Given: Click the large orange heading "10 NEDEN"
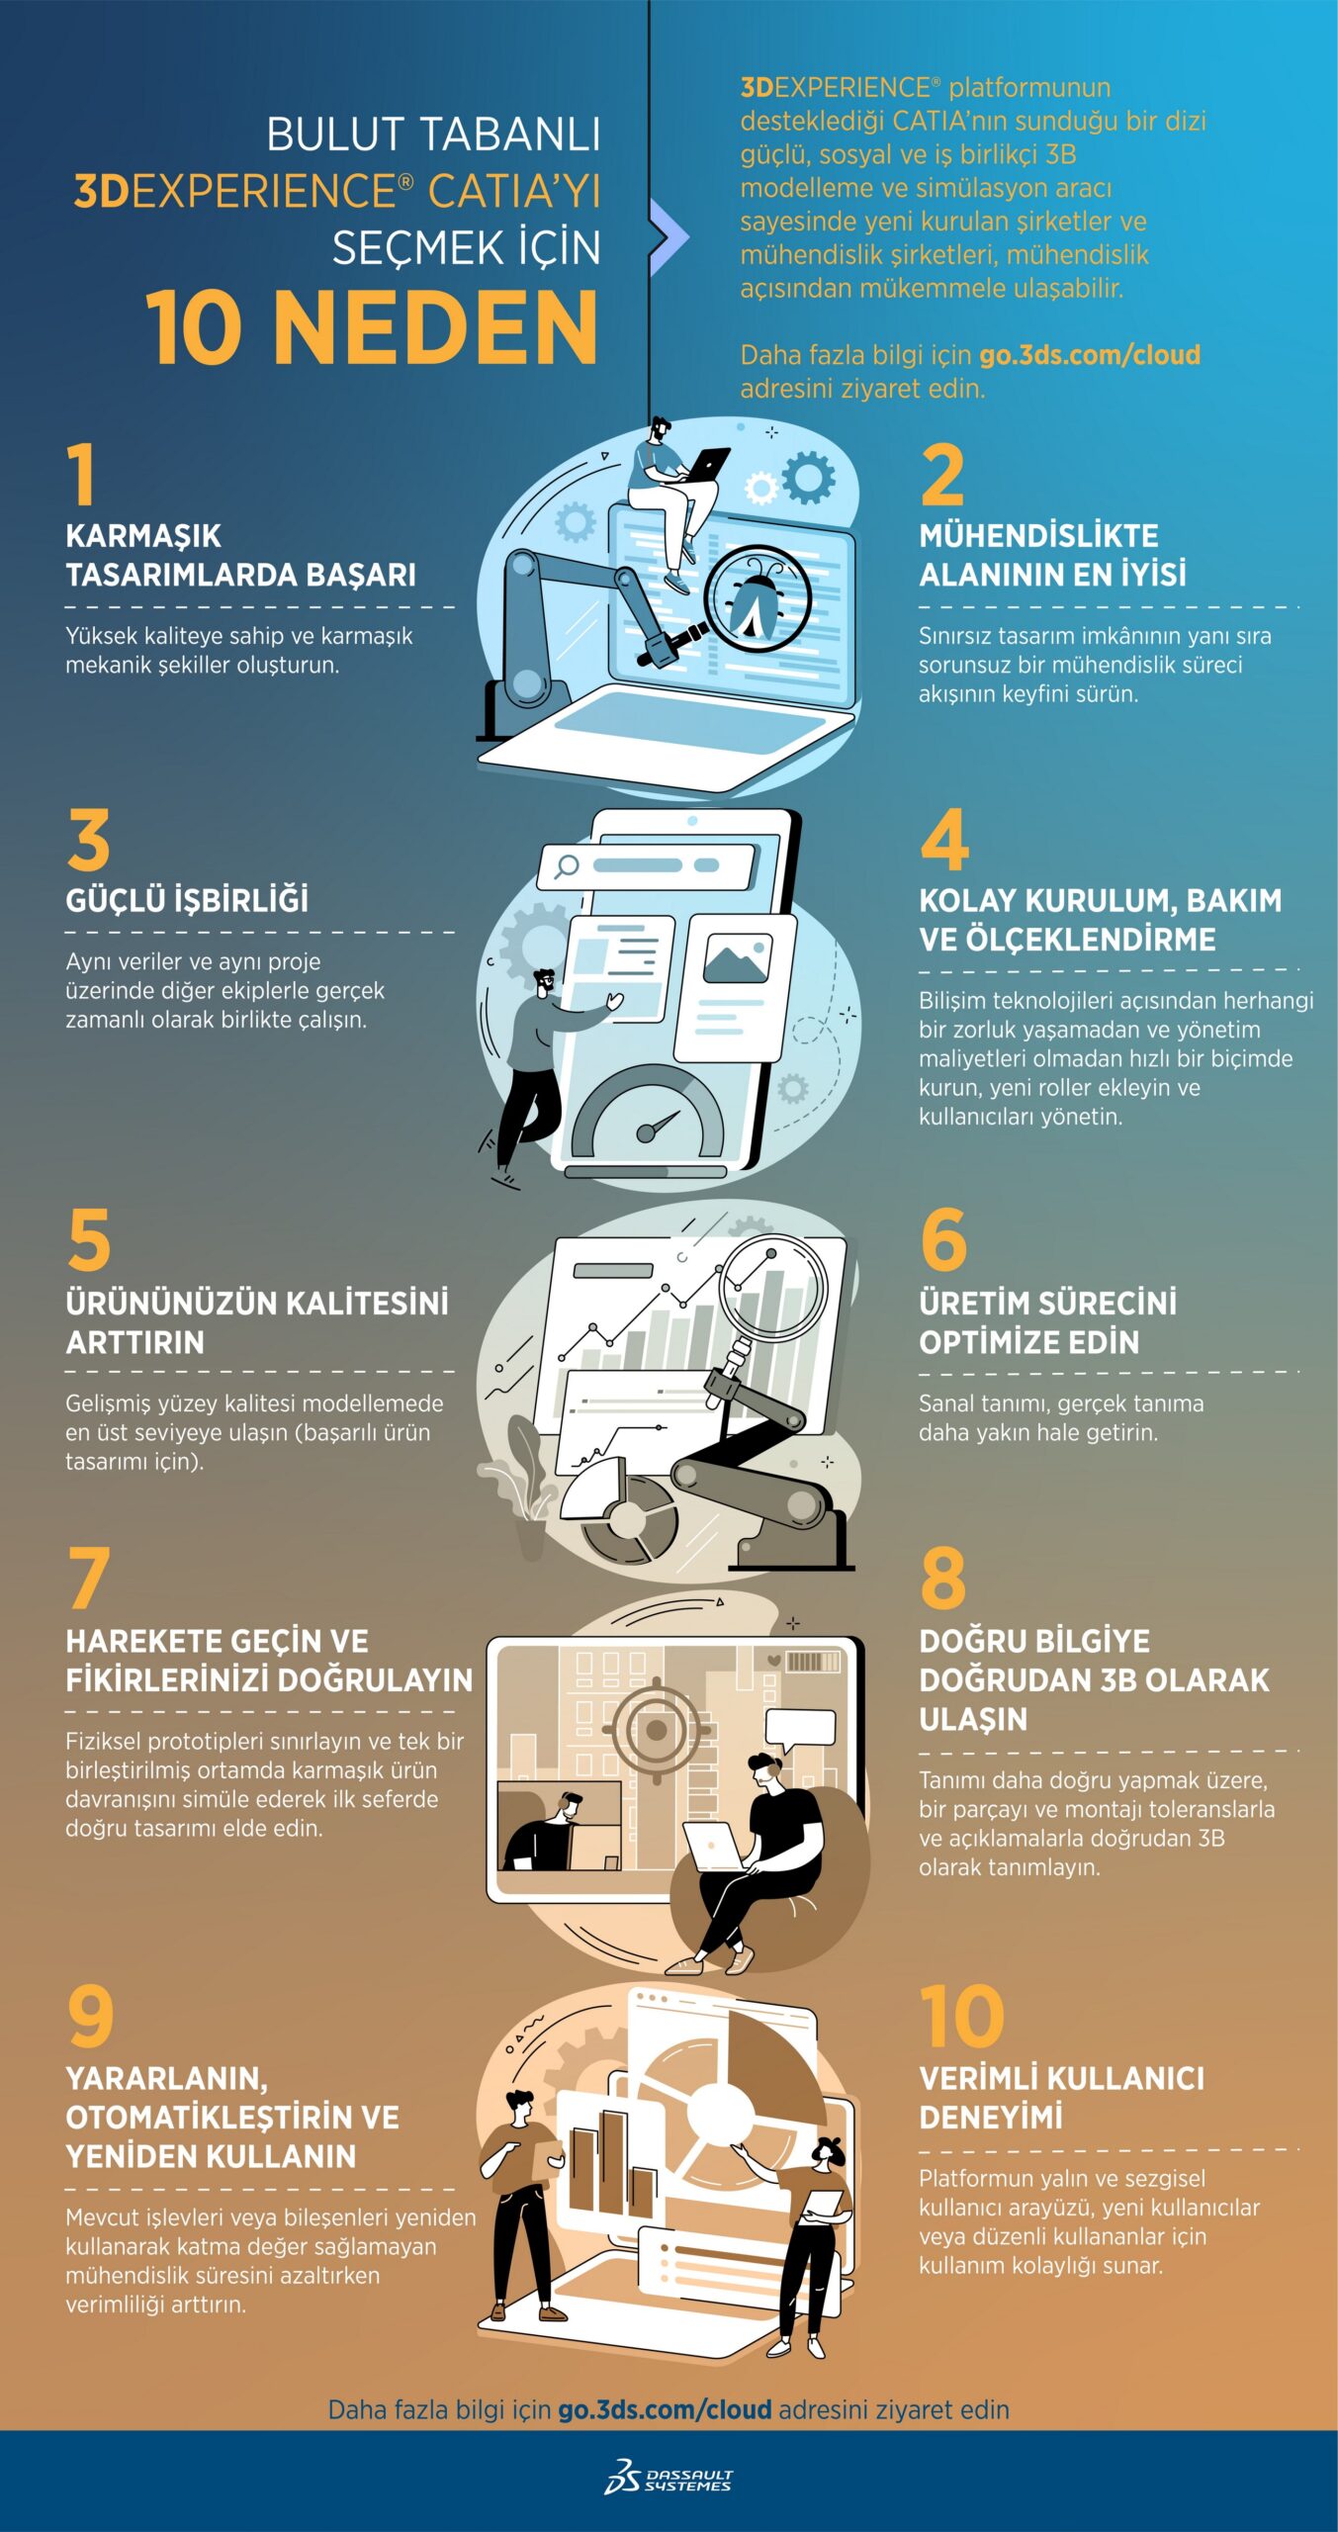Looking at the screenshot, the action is click(372, 328).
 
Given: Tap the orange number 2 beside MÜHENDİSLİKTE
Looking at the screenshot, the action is click(941, 475).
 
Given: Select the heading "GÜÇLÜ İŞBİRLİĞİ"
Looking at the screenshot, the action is click(187, 900).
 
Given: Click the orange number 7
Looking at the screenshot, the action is click(88, 1579).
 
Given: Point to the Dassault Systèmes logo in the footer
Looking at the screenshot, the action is click(669, 2475).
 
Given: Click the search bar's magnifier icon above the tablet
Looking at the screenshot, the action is click(567, 866).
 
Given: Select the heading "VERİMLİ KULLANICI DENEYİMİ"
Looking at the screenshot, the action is click(1062, 2098).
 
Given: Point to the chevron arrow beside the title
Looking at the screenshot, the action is click(669, 236).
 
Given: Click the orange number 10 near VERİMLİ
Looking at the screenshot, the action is click(961, 2017).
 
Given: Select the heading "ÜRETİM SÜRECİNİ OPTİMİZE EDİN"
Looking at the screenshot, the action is click(1048, 1322).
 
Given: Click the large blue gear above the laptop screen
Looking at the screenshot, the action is click(809, 477).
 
